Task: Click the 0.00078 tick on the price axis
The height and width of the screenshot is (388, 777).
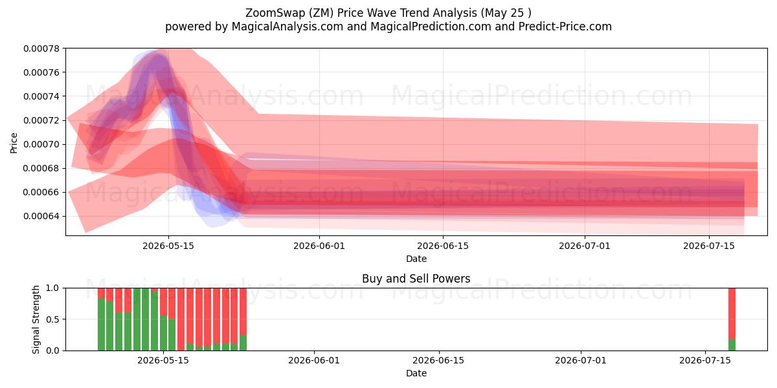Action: (x=41, y=48)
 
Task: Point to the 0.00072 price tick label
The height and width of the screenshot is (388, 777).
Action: (x=41, y=120)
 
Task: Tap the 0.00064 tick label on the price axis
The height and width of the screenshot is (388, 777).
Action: (x=41, y=216)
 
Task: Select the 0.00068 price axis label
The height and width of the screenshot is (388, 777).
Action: (x=41, y=168)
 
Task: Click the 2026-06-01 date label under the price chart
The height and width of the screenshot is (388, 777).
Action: (x=319, y=246)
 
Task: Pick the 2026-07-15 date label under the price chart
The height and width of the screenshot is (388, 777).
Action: (x=709, y=246)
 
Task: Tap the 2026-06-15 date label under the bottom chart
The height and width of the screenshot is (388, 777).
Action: (x=438, y=360)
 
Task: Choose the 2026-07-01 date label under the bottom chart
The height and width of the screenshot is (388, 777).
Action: (x=581, y=360)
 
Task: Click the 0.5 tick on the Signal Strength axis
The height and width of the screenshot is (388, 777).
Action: (x=52, y=319)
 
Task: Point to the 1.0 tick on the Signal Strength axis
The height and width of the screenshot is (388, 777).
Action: (x=52, y=288)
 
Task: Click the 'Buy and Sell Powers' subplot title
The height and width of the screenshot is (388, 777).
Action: (x=416, y=279)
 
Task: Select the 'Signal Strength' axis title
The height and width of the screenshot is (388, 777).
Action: (x=36, y=319)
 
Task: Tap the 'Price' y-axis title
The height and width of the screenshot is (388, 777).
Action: (x=14, y=143)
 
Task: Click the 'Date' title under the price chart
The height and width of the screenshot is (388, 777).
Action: (x=416, y=259)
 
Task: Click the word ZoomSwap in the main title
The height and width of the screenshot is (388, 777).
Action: (x=275, y=13)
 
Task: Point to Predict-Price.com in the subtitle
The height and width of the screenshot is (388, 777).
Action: (x=565, y=27)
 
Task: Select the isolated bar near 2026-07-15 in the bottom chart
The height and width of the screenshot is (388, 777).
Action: (x=732, y=319)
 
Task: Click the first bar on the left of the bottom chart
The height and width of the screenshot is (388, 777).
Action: (x=101, y=319)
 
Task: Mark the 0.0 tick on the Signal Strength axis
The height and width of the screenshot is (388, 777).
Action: (x=52, y=350)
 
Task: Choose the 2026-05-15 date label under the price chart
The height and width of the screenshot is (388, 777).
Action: (x=168, y=246)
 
